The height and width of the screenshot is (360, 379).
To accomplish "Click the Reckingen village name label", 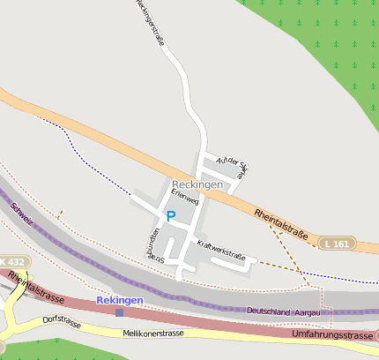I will point(197,184).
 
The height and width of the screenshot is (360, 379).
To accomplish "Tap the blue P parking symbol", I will point(171,215).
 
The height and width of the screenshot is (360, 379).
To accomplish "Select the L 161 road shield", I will point(336,243).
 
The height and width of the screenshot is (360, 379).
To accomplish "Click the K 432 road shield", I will point(13,262).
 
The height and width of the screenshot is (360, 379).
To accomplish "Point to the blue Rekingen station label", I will point(119,300).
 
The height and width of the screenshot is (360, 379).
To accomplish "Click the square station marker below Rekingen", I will point(119,311).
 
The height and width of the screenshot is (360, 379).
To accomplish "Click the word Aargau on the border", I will point(312,311).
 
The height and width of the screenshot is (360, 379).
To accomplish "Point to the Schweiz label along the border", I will point(21,213).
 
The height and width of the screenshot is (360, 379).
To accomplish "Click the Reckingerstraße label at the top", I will point(152,22).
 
